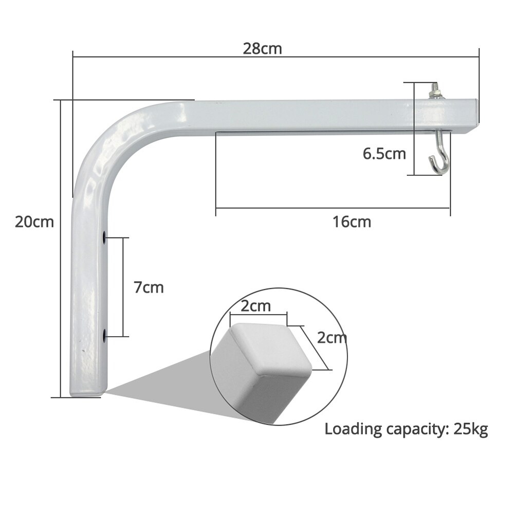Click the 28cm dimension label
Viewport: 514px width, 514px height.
[263, 49]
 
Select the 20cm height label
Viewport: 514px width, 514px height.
[34, 222]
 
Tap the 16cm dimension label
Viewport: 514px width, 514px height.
[352, 222]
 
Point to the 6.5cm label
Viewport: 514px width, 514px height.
[384, 154]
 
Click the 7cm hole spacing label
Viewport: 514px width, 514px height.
[149, 287]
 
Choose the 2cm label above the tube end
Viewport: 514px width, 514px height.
[255, 306]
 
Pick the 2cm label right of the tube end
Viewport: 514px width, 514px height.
[332, 338]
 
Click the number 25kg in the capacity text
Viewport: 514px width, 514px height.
[470, 429]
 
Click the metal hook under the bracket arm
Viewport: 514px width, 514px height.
[437, 157]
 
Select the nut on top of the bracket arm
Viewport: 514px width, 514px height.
[435, 94]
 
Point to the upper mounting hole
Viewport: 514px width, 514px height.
[105, 237]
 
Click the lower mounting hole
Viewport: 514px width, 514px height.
[105, 337]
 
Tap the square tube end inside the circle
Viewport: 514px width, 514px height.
[262, 360]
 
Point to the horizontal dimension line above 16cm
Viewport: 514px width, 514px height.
[333, 208]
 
